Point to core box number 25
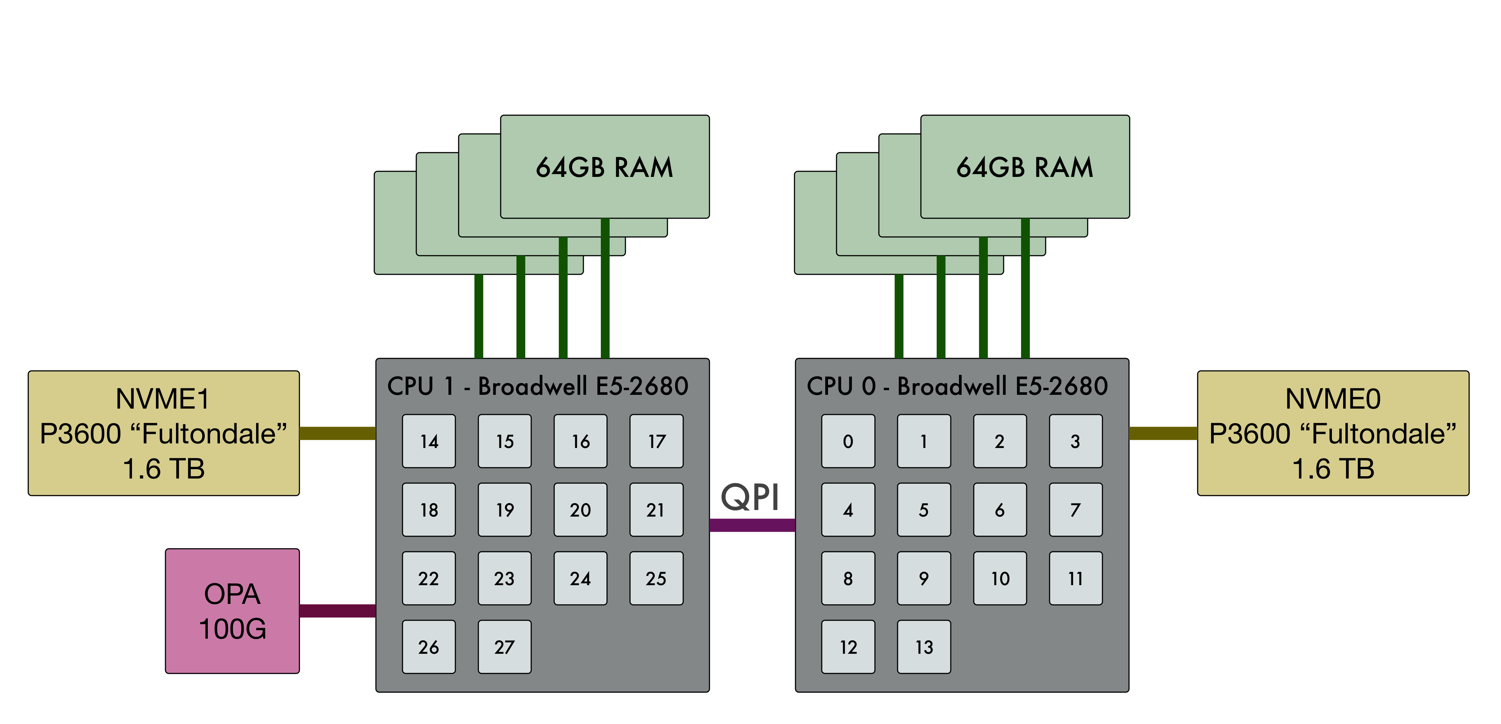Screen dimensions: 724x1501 [656, 578]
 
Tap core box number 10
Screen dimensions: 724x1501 [1000, 578]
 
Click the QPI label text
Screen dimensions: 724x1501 [750, 497]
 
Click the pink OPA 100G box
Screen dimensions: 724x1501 [232, 611]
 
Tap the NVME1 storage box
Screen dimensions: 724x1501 [164, 433]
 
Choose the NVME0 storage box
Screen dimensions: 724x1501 [1333, 433]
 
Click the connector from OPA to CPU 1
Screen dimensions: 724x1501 [337, 610]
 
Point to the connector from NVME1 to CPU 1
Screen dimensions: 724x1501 [337, 433]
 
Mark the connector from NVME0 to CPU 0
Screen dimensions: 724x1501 [1163, 433]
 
